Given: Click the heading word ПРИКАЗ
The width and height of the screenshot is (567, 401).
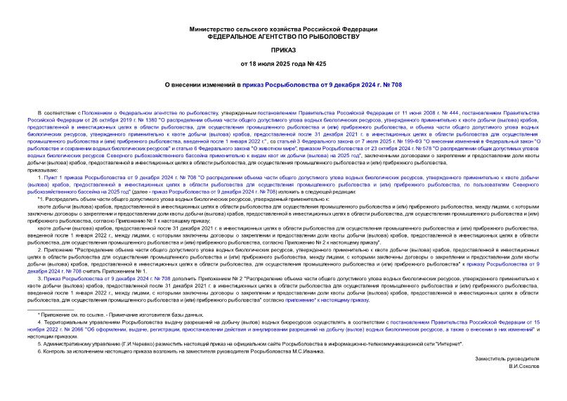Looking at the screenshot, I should [x=283, y=51].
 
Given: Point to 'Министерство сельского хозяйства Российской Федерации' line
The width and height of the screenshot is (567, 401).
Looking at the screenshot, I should [x=283, y=28].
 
